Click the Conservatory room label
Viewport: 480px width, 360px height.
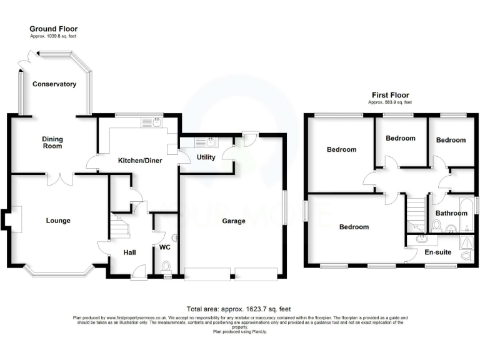(x=54, y=84)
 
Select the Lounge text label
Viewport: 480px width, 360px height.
(x=57, y=221)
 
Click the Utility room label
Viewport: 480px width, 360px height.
(x=207, y=157)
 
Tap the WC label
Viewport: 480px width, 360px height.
(x=165, y=247)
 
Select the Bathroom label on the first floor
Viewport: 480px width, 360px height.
(x=451, y=213)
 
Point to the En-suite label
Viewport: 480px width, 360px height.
(x=437, y=252)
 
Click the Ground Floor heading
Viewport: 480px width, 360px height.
(x=53, y=29)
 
